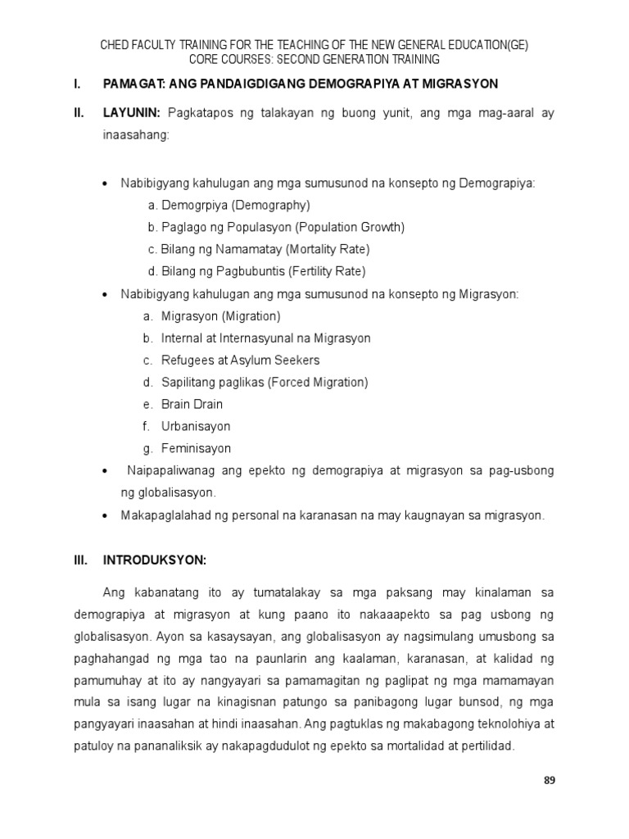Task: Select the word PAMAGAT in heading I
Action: coord(133,84)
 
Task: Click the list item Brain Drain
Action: coord(192,404)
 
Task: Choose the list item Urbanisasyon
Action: coord(196,426)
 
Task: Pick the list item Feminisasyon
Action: coord(196,448)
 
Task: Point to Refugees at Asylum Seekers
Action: coord(240,360)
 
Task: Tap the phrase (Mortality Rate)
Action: coord(327,249)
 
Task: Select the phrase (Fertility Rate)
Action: coord(324,271)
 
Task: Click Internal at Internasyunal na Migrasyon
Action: coord(265,338)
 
